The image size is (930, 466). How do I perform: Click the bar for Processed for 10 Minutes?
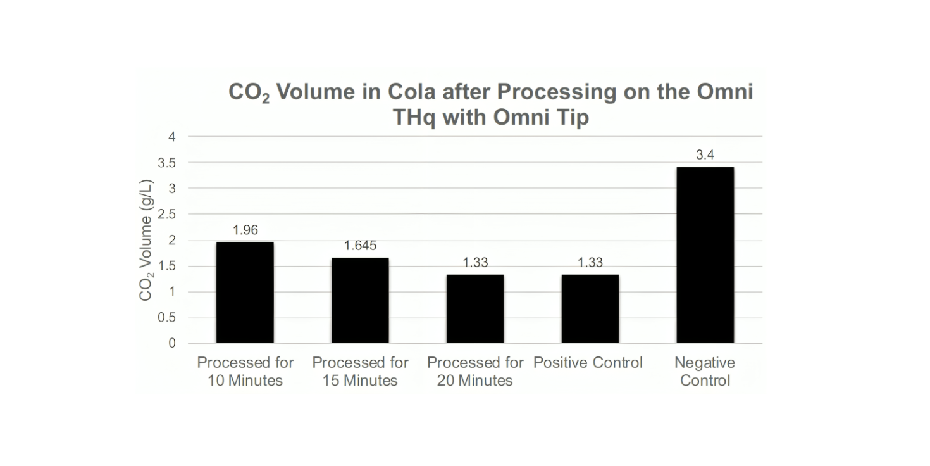point(245,293)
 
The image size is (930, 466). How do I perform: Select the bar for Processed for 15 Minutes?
point(360,301)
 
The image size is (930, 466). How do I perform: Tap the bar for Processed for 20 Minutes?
point(475,309)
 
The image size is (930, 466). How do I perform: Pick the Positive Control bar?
point(590,309)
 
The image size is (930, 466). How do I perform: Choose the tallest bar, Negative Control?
point(705,255)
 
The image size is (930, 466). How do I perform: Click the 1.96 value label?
point(245,230)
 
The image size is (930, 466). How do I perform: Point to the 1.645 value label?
point(360,246)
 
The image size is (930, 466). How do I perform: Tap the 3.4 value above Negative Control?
point(705,155)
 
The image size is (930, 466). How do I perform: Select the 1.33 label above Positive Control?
point(590,263)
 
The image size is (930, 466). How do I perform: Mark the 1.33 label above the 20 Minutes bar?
point(475,263)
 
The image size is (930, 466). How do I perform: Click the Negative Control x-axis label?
point(705,372)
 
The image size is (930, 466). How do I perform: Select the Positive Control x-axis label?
point(588,363)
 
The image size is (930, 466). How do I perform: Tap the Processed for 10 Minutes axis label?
point(245,372)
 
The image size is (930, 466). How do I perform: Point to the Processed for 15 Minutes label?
point(360,372)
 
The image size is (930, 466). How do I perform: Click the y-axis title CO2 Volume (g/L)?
point(146,240)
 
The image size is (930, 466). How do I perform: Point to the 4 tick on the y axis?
point(172,137)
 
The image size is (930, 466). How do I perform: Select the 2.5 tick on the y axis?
point(167,215)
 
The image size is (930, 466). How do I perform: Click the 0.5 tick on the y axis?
point(167,318)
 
